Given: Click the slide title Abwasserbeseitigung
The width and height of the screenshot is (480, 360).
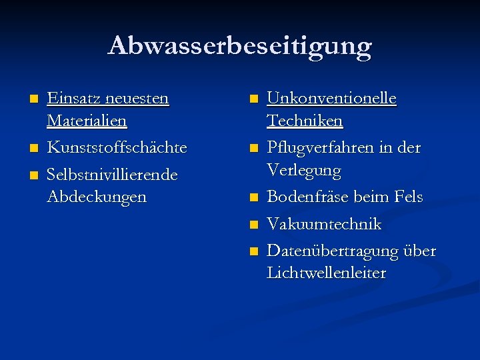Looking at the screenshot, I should pyautogui.click(x=240, y=45).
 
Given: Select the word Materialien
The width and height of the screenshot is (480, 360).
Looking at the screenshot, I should pyautogui.click(x=87, y=121).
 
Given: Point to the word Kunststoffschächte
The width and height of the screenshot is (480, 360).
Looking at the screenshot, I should pyautogui.click(x=117, y=147).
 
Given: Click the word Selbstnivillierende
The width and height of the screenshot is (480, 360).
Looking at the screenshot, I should pyautogui.click(x=112, y=174).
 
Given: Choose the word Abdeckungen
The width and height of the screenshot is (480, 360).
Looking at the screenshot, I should pyautogui.click(x=97, y=197).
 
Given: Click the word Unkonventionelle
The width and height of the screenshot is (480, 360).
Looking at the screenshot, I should pyautogui.click(x=331, y=98).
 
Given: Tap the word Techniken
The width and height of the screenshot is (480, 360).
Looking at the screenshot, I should pyautogui.click(x=305, y=121).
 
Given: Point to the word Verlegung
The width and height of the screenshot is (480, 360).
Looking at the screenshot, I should pyautogui.click(x=304, y=171).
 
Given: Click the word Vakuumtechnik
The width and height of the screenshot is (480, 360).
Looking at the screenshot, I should pyautogui.click(x=324, y=224).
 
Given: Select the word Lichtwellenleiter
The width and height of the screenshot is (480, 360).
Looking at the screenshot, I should pyautogui.click(x=326, y=273).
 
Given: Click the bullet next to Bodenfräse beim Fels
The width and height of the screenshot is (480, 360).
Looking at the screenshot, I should pyautogui.click(x=253, y=198).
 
